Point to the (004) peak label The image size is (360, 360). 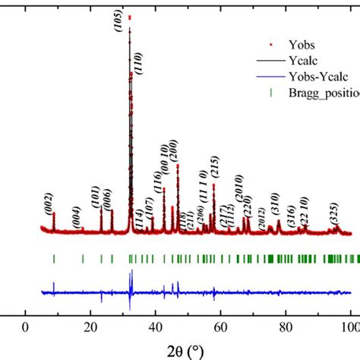click(x=76, y=216)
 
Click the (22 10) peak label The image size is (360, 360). click(x=303, y=207)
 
